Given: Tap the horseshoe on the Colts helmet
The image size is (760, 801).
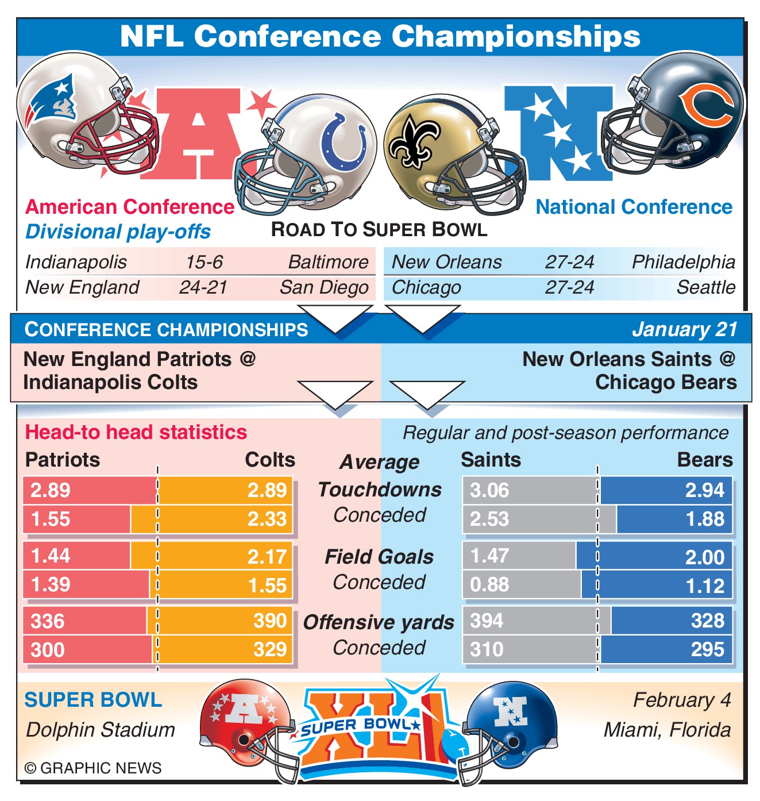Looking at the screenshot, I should point(344,141).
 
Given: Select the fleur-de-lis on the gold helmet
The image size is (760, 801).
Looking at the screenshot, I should point(412,141).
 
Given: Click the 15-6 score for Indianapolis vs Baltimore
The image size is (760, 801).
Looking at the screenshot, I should point(204,262).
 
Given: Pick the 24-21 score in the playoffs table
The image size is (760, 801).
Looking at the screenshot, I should point(203,287).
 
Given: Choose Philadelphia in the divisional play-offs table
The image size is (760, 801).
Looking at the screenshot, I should point(683,262).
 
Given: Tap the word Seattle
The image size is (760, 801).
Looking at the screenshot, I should point(705,287).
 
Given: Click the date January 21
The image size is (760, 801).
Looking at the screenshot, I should point(684,329).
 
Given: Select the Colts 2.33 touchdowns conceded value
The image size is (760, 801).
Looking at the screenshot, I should point(267,519).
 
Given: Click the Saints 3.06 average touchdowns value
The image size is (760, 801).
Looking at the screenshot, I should point(489,490).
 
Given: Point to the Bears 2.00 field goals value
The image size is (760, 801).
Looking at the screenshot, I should point(705,557).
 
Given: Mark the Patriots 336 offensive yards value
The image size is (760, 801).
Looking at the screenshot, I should point(48,621).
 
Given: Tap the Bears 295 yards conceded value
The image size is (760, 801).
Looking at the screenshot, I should point(707,650).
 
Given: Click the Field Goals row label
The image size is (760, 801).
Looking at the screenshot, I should point(379,557).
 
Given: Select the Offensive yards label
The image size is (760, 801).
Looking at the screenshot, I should point(379,622).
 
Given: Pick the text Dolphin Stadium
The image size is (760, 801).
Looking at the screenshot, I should point(101,730).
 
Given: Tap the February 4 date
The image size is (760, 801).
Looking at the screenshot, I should point(682,700).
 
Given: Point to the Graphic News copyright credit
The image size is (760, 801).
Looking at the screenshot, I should point(93,768).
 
